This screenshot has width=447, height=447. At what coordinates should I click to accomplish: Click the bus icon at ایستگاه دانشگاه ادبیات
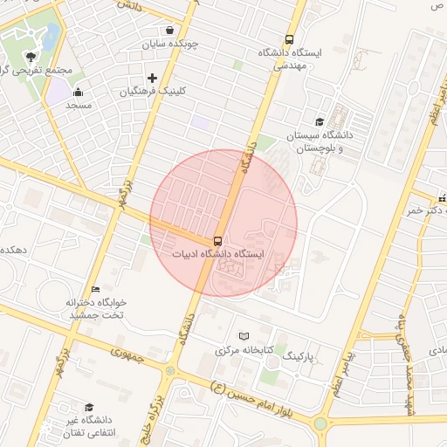[217, 240]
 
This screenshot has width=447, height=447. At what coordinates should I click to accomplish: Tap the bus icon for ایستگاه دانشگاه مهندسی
[265, 38]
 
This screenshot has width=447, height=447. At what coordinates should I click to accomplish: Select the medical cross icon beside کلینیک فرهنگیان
[152, 78]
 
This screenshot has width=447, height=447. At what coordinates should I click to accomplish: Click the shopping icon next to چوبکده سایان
[168, 30]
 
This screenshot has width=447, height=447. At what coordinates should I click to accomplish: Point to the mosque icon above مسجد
[78, 92]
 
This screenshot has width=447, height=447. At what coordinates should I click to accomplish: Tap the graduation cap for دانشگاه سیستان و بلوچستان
[320, 122]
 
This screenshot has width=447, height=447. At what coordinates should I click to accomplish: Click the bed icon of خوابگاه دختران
[95, 289]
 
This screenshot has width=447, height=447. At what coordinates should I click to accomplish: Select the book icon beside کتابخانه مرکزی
[244, 336]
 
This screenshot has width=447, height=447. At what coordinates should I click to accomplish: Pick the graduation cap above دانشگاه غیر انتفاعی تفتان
[88, 407]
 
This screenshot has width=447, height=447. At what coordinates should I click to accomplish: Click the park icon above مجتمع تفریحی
[31, 56]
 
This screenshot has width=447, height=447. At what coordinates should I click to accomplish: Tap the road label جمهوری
[127, 354]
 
